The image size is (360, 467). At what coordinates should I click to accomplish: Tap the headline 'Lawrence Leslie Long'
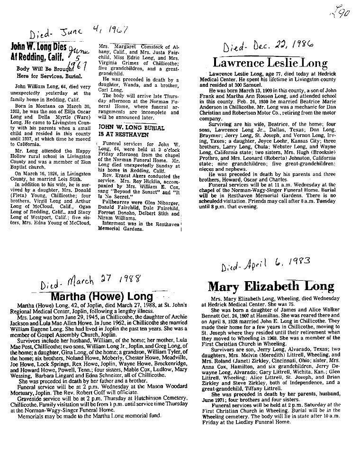(x=270, y=63)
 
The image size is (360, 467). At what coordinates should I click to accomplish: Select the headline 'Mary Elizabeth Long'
(x=270, y=287)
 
